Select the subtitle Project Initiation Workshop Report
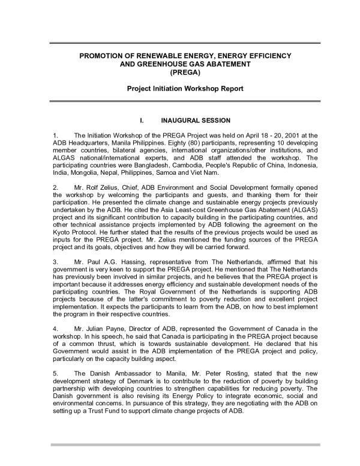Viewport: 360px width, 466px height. (180, 89)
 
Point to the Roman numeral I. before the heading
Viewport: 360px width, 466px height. (142, 120)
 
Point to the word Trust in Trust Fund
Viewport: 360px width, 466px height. (100, 419)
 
